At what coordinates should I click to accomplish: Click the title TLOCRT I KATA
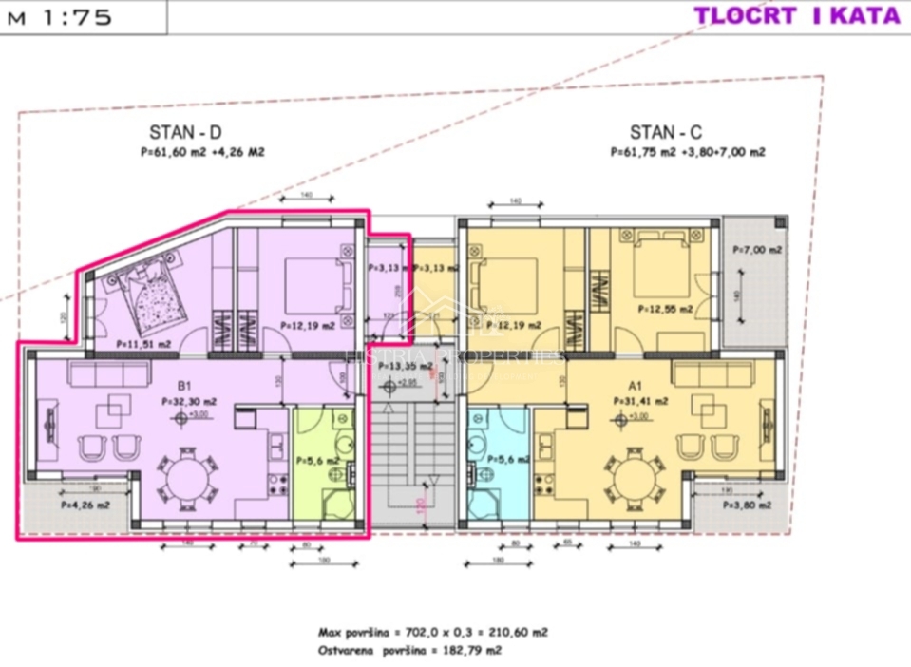point(796,15)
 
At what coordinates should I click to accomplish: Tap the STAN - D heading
point(185,133)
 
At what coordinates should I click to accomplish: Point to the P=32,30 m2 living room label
point(190,402)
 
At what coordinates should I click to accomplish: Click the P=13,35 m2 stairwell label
point(399,365)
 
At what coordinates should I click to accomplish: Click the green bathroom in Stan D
point(324,466)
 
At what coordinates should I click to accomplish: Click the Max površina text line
point(432,632)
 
